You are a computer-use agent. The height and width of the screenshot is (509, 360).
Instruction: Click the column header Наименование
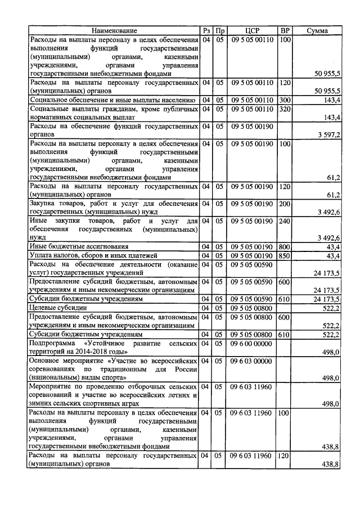[115, 30]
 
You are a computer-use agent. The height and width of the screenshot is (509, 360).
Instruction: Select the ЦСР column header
[252, 30]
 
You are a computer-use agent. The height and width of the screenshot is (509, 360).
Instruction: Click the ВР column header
[285, 30]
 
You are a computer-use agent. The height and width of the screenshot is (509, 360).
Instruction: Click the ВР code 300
[285, 100]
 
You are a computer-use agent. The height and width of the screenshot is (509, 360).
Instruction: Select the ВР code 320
[285, 109]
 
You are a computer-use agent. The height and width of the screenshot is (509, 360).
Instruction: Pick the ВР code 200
[285, 203]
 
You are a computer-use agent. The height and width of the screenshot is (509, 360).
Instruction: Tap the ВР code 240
[285, 221]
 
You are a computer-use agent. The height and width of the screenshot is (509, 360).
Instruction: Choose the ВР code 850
[285, 255]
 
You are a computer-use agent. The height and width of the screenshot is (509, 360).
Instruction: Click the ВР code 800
[285, 246]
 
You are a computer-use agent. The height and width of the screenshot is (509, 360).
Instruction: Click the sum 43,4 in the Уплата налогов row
[331, 256]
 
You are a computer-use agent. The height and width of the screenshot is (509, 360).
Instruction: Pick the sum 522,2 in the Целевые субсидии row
[330, 308]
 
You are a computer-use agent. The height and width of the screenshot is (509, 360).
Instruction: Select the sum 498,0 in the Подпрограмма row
[330, 352]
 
